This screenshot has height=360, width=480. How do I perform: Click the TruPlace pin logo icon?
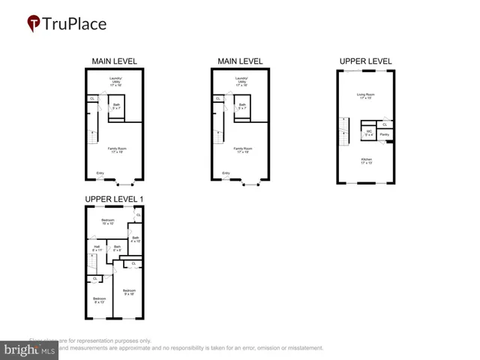[33, 24]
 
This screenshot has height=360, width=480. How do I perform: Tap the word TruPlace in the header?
[75, 23]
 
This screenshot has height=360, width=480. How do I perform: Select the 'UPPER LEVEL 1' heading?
[114, 199]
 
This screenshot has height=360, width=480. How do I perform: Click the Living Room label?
[366, 95]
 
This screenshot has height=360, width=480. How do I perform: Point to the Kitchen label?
[366, 160]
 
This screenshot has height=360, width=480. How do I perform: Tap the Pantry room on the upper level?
[384, 135]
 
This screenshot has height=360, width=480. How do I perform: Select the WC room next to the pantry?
[368, 133]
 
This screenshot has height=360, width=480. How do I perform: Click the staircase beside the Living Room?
[344, 137]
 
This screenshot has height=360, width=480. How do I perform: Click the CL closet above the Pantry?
[385, 124]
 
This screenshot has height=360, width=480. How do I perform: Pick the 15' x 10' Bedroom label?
[108, 221]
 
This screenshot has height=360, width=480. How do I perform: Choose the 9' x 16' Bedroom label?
[128, 292]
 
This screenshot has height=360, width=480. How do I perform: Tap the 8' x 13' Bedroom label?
[99, 300]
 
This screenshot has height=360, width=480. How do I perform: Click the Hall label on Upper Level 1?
[97, 247]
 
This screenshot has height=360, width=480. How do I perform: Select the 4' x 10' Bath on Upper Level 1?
[136, 240]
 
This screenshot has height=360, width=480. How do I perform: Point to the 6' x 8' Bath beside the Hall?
[117, 247]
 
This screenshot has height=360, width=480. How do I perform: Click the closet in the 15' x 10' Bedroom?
[138, 215]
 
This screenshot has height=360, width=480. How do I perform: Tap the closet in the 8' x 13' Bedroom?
[95, 279]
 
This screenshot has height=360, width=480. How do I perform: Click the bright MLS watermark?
[30, 349]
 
